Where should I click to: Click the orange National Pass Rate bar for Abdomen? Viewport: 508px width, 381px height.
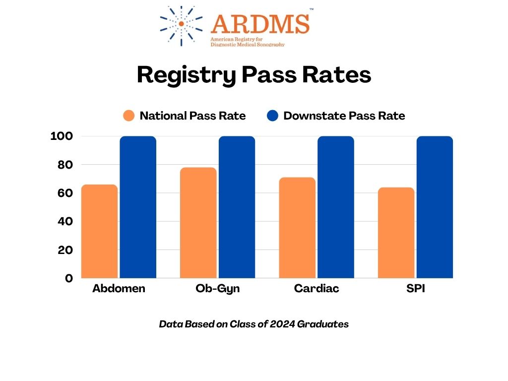tap(99, 231)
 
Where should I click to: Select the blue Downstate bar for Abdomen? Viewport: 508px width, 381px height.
tap(138, 207)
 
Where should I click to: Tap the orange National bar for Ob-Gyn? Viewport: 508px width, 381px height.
tap(198, 223)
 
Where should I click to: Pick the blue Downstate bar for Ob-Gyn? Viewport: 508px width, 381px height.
tap(237, 207)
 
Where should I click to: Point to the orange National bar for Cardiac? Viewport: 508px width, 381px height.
tap(297, 228)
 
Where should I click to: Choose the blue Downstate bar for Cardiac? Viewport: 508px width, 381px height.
tap(336, 207)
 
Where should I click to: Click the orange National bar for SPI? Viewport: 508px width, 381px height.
tap(396, 233)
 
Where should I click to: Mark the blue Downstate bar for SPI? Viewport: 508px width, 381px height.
tap(435, 207)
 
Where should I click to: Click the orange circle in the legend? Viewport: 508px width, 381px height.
tap(129, 116)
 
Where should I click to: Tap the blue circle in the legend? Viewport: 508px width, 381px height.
tap(272, 116)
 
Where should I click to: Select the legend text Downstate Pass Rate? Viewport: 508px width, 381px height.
tap(344, 116)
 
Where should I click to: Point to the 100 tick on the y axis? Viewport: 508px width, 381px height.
tap(62, 136)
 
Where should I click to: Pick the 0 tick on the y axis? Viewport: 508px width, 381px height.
tap(69, 278)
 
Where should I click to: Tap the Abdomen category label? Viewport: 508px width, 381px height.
tap(119, 288)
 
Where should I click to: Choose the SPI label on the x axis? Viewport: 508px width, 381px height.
tap(415, 288)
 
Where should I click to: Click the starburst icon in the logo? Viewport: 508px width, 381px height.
tap(181, 24)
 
